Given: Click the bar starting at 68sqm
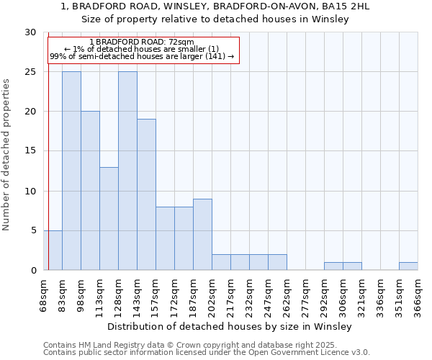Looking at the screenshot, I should pyautogui.click(x=53, y=250).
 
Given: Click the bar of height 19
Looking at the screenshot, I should pyautogui.click(x=146, y=194).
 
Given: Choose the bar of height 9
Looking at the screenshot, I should pyautogui.click(x=202, y=234).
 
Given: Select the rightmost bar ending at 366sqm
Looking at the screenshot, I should pyautogui.click(x=408, y=266).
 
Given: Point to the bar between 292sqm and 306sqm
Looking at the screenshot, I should pyautogui.click(x=333, y=266).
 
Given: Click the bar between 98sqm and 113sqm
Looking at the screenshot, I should pyautogui.click(x=90, y=191).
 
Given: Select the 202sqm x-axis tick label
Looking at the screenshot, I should pyautogui.click(x=212, y=294).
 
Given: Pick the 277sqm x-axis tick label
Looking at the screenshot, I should pyautogui.click(x=305, y=294).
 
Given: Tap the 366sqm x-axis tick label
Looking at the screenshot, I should pyautogui.click(x=418, y=294).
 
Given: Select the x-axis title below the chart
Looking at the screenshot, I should pyautogui.click(x=230, y=326).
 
